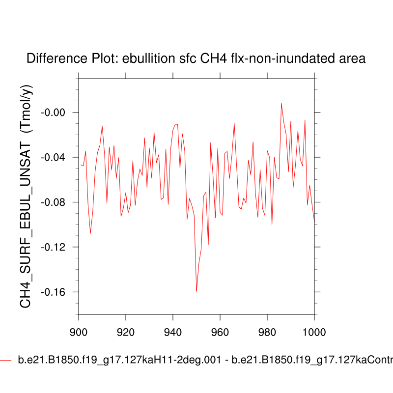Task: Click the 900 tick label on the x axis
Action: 79,331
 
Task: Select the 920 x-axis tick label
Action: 126,331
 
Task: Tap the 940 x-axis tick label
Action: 173,331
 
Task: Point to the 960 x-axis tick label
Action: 220,331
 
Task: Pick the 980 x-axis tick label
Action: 267,331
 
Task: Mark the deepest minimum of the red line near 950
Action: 196,291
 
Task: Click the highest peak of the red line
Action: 281,103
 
